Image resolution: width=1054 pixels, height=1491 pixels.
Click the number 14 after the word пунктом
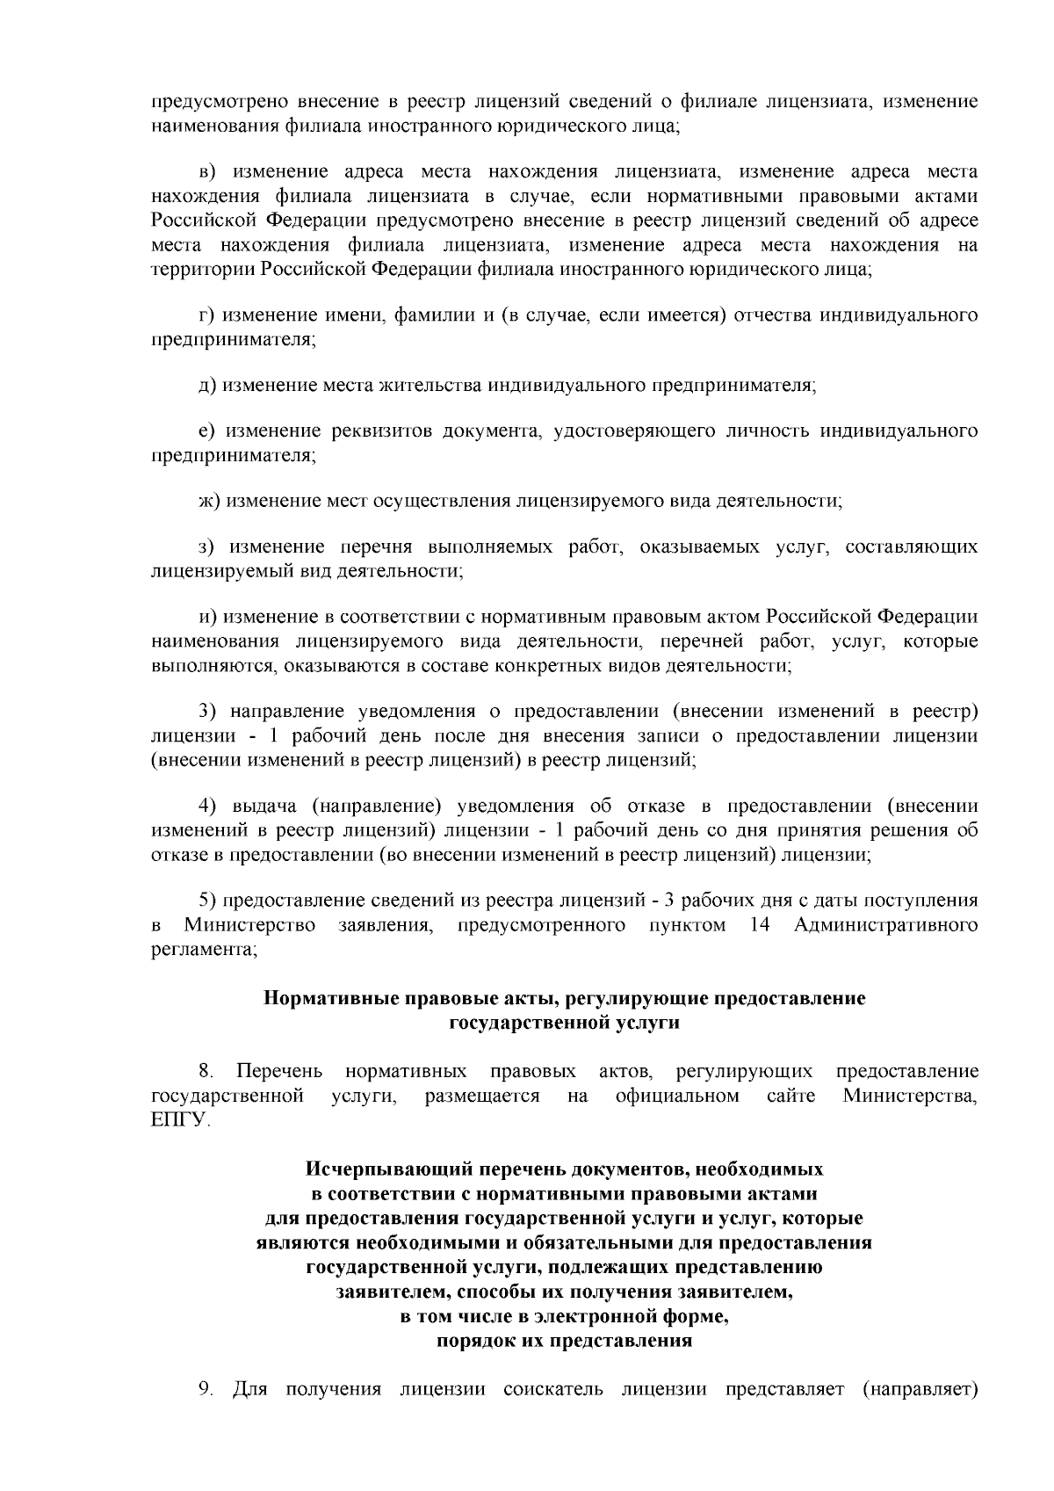762,925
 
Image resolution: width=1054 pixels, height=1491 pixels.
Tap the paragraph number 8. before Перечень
206,1071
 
